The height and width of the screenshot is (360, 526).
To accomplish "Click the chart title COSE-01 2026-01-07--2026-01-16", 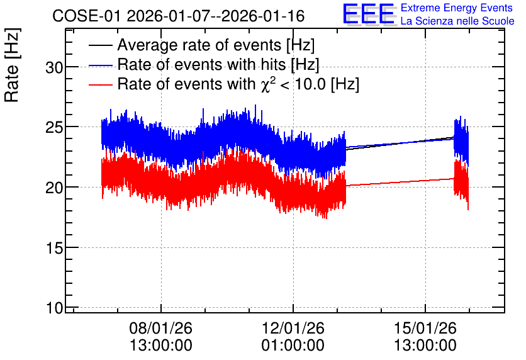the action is coord(179,16).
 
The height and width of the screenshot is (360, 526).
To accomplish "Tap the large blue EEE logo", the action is coord(369,14).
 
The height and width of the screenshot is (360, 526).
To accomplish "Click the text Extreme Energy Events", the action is coord(457,8).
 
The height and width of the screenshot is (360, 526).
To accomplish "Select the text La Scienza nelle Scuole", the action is coord(457,21).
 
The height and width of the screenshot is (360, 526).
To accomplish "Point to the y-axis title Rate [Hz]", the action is coord(12,65).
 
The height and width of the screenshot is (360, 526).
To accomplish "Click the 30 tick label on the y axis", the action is coord(54,68).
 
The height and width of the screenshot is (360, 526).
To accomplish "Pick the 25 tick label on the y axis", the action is coord(54,128).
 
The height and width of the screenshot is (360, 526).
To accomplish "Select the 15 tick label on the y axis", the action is coord(54,248).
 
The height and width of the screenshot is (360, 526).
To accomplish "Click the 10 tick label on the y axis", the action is coord(54,308).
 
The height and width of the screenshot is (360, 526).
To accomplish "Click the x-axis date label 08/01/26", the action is coord(161,328).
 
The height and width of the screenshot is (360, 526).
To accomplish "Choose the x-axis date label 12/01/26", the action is coord(293,328).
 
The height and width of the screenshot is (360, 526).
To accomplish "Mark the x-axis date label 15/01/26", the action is coord(425,328).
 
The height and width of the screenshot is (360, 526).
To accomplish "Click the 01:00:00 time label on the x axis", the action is coord(293,346).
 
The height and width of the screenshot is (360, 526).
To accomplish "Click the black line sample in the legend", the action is coord(100,45).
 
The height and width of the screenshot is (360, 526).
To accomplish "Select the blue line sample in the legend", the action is coord(100,65).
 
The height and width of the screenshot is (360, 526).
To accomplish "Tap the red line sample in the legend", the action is coord(100,84).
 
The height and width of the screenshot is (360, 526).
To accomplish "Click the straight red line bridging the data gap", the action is coord(400,182).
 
